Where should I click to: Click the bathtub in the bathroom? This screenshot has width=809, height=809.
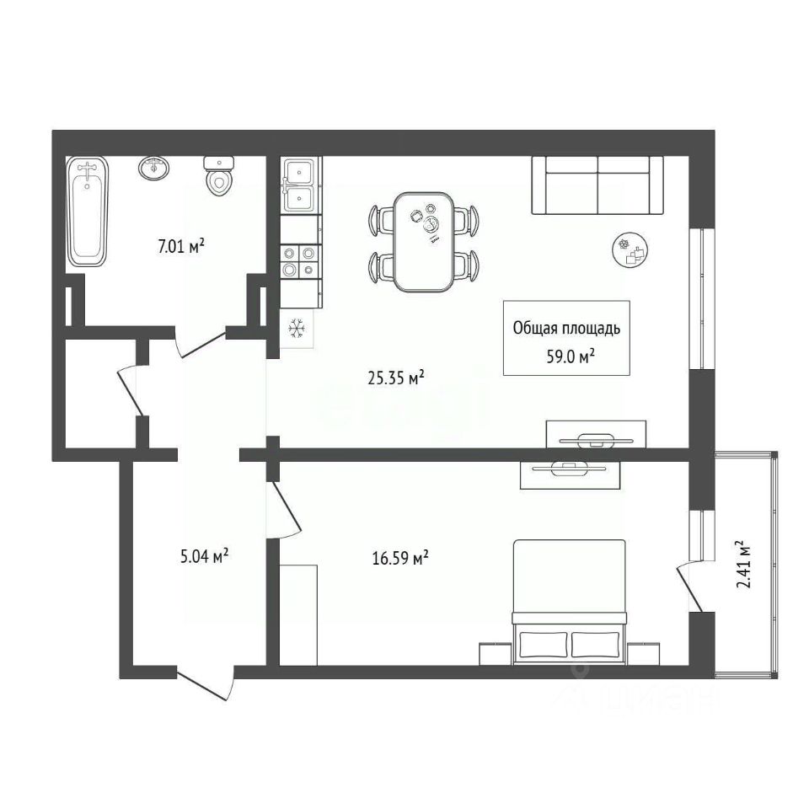(x=88, y=211)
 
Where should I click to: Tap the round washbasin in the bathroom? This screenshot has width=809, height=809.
(x=153, y=168)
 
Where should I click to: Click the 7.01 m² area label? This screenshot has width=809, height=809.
(x=181, y=247)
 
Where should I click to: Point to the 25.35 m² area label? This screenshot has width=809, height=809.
(x=396, y=378)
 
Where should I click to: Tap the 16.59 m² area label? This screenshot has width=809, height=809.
(x=400, y=558)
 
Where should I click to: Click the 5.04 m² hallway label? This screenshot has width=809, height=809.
(x=205, y=556)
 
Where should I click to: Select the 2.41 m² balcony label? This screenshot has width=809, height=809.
(x=743, y=565)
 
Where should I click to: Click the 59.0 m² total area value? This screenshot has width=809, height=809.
(x=571, y=356)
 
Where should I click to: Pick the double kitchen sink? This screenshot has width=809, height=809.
(x=300, y=185)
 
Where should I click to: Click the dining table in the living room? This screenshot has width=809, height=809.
(x=424, y=242)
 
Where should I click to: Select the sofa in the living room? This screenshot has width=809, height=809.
(x=597, y=185)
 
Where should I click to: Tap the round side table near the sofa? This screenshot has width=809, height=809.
(x=630, y=249)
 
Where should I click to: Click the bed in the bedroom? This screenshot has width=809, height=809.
(x=569, y=602)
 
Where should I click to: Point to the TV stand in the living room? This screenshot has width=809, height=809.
(x=596, y=434)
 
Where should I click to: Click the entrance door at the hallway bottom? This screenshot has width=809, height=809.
(x=204, y=684)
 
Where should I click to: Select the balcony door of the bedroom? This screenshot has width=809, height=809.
(x=689, y=587)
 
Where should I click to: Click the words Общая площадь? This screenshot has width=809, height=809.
(x=566, y=328)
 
